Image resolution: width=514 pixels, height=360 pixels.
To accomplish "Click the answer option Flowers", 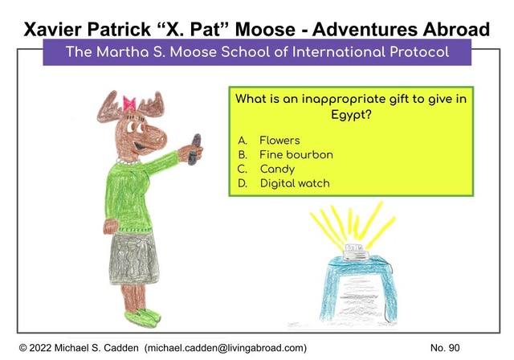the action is coord(279,141).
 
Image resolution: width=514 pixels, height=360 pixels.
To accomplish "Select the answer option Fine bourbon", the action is coord(296,155).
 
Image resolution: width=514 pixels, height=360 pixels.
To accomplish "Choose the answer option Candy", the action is coord(277,170).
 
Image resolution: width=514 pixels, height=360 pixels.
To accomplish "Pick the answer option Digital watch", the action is coord(295,183).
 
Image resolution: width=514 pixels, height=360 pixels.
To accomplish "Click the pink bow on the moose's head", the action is coord(129,103).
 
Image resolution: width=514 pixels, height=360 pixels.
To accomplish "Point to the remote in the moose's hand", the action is coord(195,149).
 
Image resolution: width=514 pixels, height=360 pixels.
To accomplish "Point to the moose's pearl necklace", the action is coord(128,162).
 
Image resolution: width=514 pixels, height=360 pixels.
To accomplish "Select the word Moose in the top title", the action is coord(265,30).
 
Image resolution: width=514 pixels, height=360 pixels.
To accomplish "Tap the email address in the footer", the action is coord(226,348).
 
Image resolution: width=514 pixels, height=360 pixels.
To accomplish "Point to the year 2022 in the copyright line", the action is coord(40,348).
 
